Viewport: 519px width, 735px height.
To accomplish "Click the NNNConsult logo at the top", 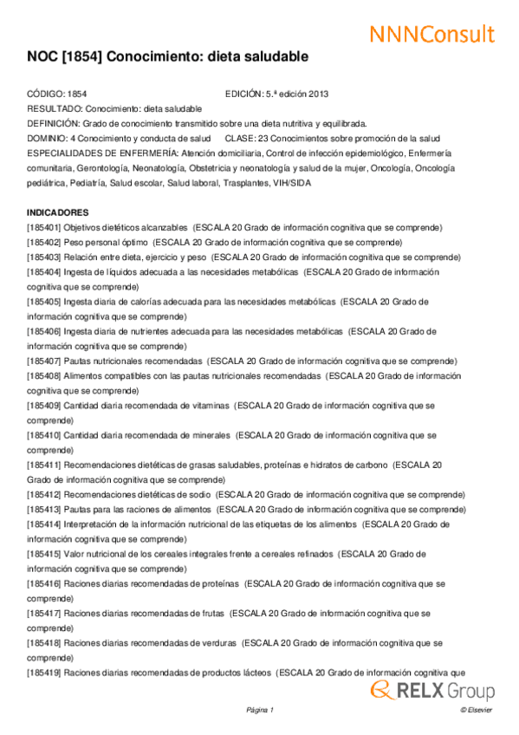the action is (431, 34).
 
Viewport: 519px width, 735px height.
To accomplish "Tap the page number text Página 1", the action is (259, 710).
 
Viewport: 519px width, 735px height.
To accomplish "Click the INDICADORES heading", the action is (57, 212).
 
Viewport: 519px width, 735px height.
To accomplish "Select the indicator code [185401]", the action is (43, 227).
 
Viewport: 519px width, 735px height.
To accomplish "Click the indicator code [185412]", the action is (43, 494).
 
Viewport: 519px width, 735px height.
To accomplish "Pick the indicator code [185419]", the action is (43, 673).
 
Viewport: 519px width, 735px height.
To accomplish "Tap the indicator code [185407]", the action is (43, 361).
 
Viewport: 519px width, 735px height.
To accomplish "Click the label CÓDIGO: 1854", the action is (56, 94).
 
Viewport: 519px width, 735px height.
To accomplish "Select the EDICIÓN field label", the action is (243, 94).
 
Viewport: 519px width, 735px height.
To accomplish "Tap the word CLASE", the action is (239, 139).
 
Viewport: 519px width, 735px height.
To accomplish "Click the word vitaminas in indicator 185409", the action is (205, 405).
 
